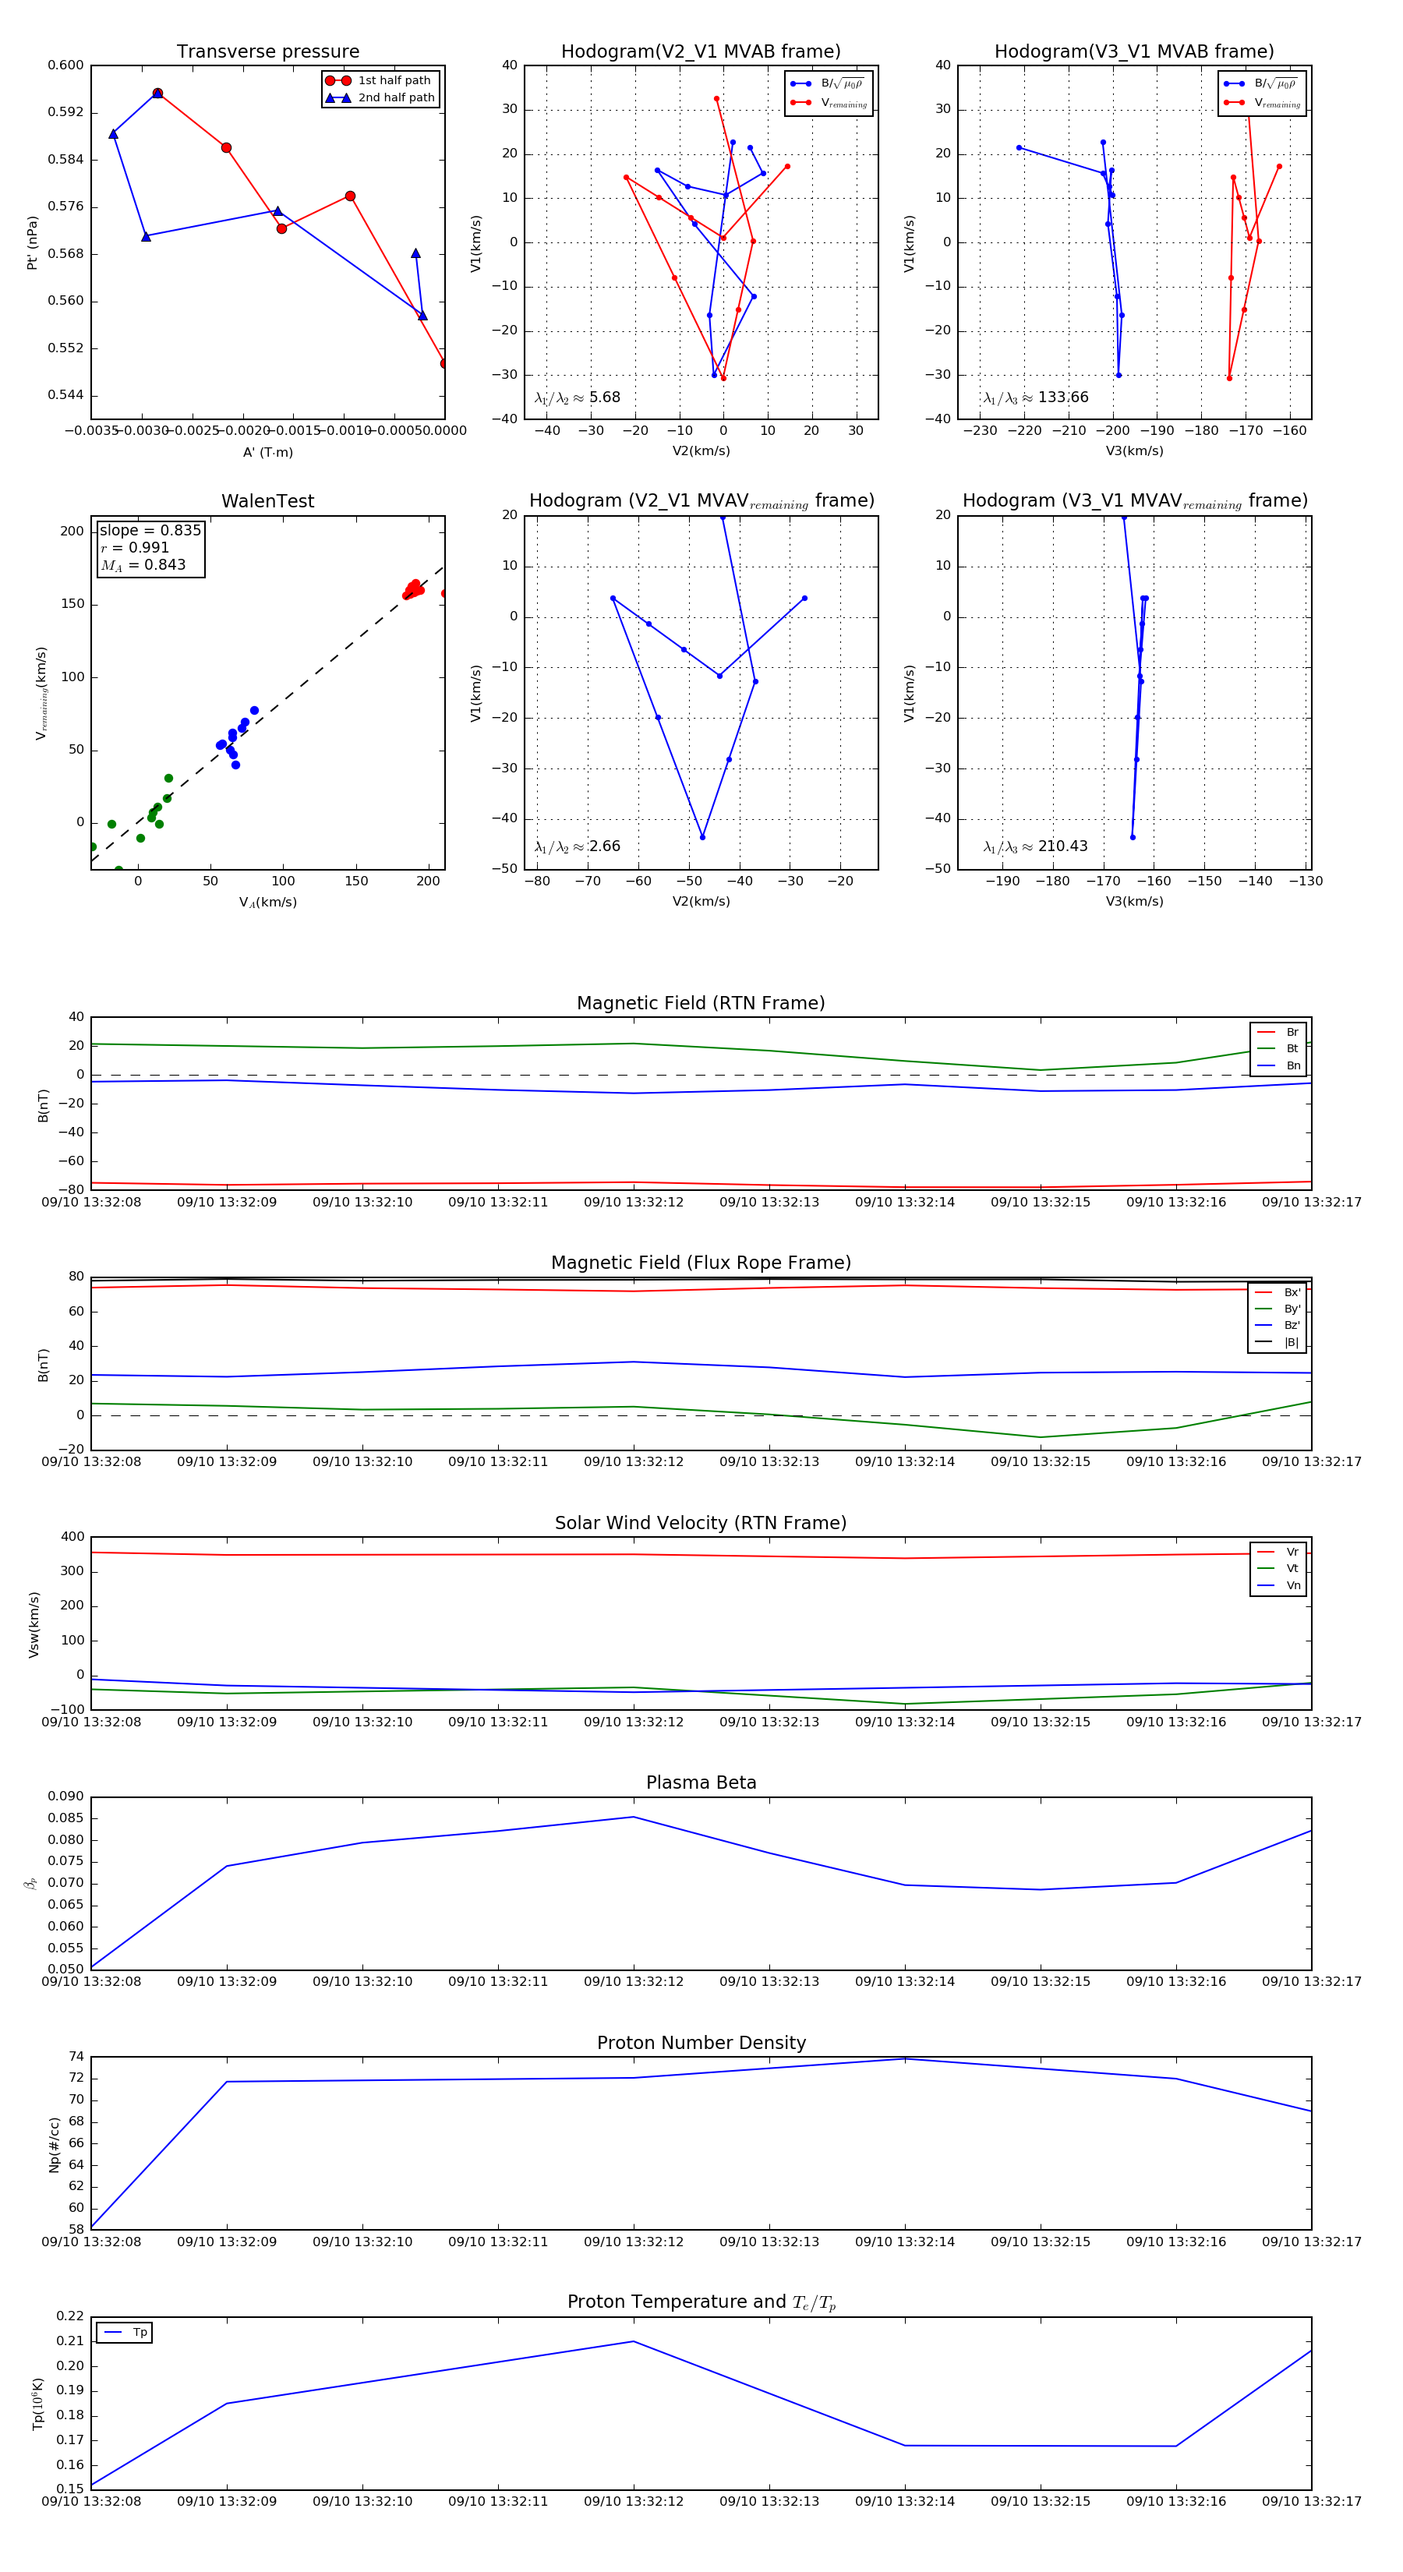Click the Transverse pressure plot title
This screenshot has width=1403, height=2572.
(x=267, y=52)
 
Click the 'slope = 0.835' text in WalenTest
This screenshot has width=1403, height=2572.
(x=150, y=530)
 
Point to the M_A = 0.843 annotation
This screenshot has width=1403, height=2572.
(x=143, y=565)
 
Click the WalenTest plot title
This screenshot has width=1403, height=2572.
(x=267, y=501)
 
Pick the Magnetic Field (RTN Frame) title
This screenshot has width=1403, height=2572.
(x=701, y=1003)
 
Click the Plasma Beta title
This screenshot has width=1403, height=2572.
(x=701, y=1783)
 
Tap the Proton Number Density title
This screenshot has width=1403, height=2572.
(x=701, y=2043)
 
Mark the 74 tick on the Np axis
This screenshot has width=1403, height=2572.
(x=76, y=2057)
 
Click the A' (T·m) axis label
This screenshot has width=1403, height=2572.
(x=267, y=452)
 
